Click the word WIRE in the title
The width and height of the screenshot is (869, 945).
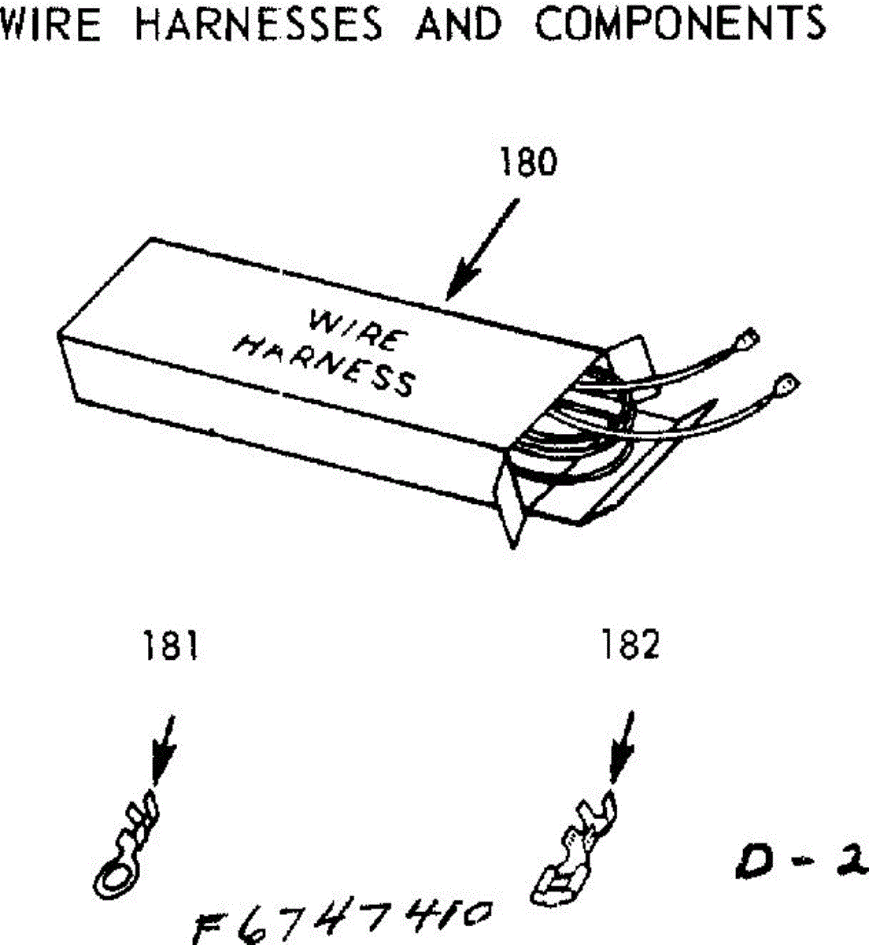[50, 24]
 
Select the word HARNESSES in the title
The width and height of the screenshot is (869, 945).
[259, 24]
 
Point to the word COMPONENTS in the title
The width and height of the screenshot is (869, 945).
[680, 24]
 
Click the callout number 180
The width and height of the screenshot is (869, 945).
[528, 161]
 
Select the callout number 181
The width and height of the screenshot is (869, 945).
[170, 647]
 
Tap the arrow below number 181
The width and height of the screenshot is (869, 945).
[164, 748]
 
